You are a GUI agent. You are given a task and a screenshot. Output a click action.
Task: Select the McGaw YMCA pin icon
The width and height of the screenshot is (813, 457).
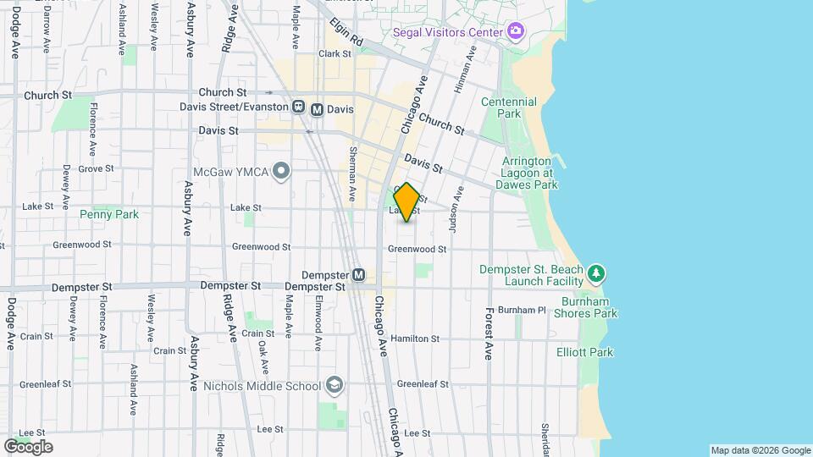click(282, 173)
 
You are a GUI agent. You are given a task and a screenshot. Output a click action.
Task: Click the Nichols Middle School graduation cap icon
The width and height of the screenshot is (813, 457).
click(335, 386)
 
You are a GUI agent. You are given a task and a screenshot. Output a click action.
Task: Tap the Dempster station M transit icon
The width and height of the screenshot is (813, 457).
click(358, 275)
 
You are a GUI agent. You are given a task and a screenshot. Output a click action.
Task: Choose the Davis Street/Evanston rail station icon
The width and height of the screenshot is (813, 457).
click(298, 107)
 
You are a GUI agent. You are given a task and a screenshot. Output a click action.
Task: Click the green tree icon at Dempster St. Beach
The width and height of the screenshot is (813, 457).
click(597, 273)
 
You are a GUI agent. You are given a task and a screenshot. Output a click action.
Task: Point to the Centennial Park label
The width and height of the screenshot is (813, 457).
click(508, 107)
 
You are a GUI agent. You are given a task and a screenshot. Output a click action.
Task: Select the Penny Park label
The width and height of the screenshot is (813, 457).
click(108, 214)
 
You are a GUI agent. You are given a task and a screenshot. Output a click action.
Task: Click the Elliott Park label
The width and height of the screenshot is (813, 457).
click(584, 352)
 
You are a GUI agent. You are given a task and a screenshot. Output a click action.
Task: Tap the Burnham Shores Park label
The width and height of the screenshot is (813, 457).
click(586, 307)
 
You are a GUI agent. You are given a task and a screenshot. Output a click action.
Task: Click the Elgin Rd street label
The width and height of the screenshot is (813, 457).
click(346, 32)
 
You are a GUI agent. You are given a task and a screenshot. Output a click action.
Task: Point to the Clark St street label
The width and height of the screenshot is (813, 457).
click(335, 53)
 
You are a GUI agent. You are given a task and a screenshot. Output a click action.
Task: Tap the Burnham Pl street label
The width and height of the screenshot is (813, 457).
click(522, 310)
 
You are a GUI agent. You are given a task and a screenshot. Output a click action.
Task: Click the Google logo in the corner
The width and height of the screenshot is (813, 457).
click(28, 446)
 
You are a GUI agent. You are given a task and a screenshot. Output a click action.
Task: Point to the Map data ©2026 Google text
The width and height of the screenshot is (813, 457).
click(760, 450)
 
